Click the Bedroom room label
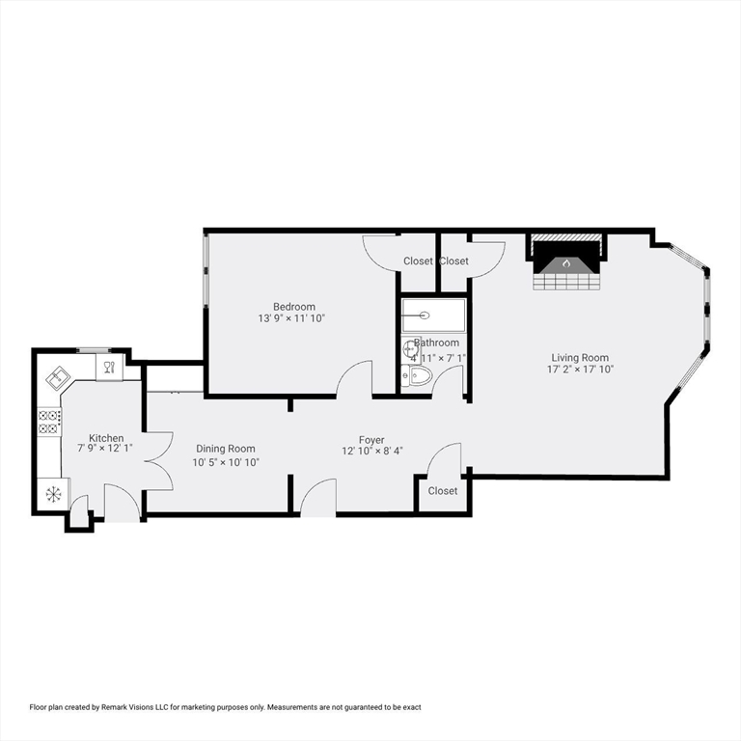293,306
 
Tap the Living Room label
580,357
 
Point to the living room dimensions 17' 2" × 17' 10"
580,370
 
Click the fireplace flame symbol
567,261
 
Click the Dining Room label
225,449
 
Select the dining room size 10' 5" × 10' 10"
225,462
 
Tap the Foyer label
371,440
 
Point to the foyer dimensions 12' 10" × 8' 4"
371,452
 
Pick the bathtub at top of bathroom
433,315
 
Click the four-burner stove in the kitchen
49,422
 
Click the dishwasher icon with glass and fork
108,367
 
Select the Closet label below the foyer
443,491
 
